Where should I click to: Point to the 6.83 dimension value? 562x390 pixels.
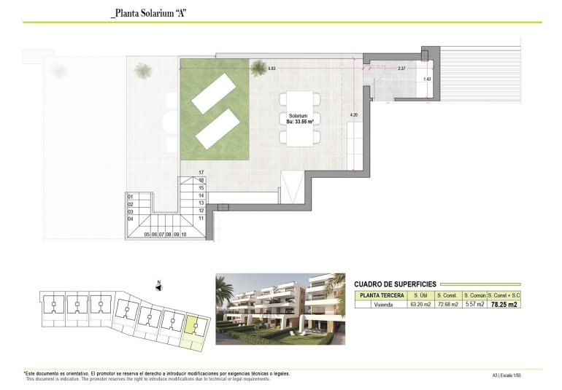[x=272, y=69]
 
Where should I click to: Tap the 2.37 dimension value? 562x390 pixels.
[x=401, y=69]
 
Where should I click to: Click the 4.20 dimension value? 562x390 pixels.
[x=353, y=115]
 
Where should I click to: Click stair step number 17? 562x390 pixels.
[x=201, y=172]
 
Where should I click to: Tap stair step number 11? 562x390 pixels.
[x=201, y=218]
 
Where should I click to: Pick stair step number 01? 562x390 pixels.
[x=131, y=197]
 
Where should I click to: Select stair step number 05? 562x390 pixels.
[x=147, y=235]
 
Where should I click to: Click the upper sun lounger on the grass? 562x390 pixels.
[x=214, y=94]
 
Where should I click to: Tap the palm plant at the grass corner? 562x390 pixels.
[x=258, y=69]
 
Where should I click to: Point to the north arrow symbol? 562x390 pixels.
[x=158, y=285]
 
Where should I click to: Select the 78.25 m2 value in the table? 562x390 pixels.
[x=504, y=305]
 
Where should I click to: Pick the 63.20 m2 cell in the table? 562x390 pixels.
[x=420, y=305]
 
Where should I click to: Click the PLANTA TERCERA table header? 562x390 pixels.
[x=379, y=295]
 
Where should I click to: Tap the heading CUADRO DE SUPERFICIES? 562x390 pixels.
[x=394, y=284]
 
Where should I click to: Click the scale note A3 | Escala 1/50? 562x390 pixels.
[x=507, y=375]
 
